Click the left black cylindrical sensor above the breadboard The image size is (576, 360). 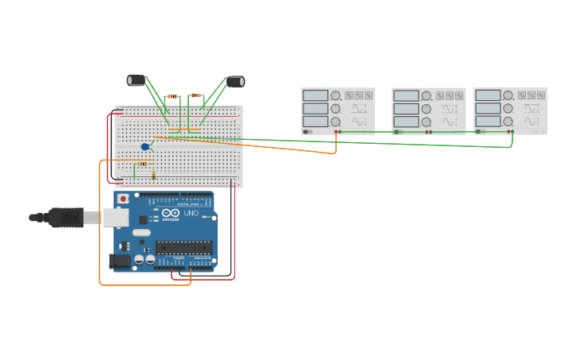pyautogui.click(x=137, y=79)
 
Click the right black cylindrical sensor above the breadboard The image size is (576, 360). pyautogui.click(x=235, y=81)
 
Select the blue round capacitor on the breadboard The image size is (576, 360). pyautogui.click(x=145, y=146)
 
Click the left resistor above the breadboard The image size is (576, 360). pyautogui.click(x=172, y=96)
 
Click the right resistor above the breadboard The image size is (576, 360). pyautogui.click(x=195, y=95)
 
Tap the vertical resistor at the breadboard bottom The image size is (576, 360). pyautogui.click(x=153, y=174)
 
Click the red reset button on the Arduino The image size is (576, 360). pyautogui.click(x=123, y=198)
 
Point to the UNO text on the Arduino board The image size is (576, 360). pyautogui.click(x=191, y=213)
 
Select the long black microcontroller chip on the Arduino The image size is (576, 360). pyautogui.click(x=184, y=247)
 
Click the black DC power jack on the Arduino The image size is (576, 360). pyautogui.click(x=119, y=261)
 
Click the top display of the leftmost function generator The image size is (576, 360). pyautogui.click(x=315, y=95)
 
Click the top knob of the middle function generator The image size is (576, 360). pyautogui.click(x=427, y=95)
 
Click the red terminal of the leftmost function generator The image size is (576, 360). pyautogui.click(x=336, y=131)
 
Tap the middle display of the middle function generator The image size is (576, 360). pyautogui.click(x=406, y=109)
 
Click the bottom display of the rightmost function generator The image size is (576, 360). pyautogui.click(x=488, y=122)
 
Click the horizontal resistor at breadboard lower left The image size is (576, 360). pyautogui.click(x=141, y=164)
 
